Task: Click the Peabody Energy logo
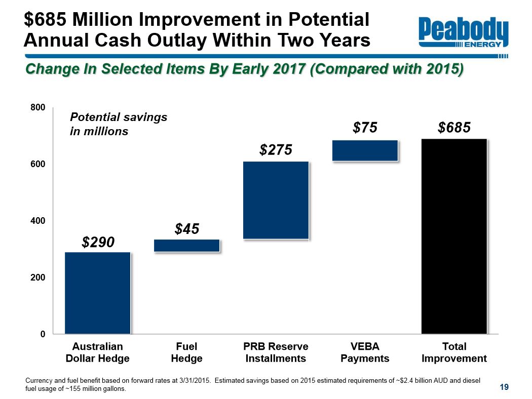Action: point(463,33)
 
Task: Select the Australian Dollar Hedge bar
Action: point(98,293)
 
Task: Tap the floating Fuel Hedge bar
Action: point(186,246)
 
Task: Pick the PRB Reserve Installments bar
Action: point(276,200)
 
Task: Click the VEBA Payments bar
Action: point(365,150)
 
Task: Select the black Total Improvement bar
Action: point(454,236)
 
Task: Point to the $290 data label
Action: point(98,242)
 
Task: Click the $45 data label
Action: point(186,229)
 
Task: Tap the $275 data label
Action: point(276,150)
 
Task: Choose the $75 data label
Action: point(365,128)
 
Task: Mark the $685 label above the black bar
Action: point(454,128)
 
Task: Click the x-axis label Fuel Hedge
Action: point(186,352)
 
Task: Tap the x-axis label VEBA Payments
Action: point(365,352)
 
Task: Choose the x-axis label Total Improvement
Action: point(454,352)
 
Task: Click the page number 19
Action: point(504,387)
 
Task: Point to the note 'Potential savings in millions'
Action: point(118,124)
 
